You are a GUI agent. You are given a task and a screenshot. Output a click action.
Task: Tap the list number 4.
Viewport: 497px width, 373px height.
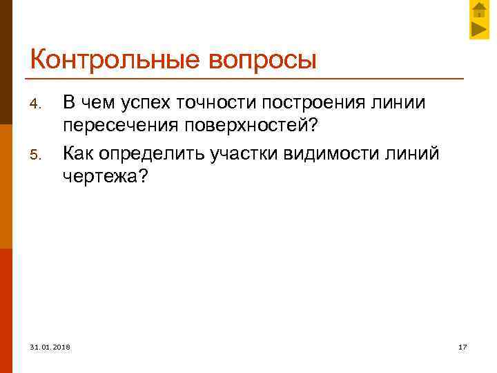pyautogui.click(x=38, y=105)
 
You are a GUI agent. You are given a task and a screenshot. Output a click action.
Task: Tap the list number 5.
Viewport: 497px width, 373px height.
pyautogui.click(x=38, y=153)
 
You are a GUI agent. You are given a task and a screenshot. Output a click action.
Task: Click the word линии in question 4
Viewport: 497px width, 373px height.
pyautogui.click(x=399, y=102)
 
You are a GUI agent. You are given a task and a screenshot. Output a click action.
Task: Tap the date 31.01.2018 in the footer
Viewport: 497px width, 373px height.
pyautogui.click(x=50, y=346)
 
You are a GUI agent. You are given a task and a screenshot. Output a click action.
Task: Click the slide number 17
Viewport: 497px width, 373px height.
pyautogui.click(x=463, y=346)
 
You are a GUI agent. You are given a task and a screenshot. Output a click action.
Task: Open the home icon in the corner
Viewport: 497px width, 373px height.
pyautogui.click(x=479, y=10)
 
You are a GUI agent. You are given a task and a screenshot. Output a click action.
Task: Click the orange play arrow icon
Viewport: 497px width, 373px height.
pyautogui.click(x=479, y=29)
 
